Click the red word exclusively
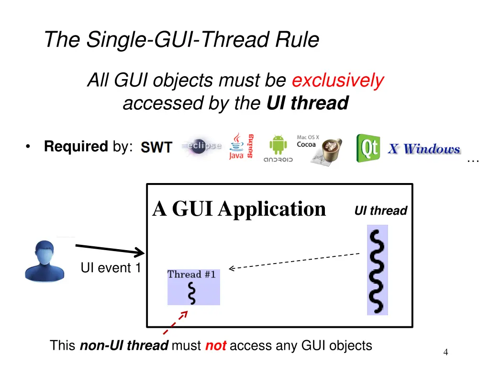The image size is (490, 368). point(337,80)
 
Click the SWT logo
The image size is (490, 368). point(156,147)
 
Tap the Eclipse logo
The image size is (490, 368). point(201,146)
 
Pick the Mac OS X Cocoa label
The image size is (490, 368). point(308,141)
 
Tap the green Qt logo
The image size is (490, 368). point(368,148)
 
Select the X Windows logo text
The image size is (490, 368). point(423,149)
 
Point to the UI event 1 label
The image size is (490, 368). point(110,268)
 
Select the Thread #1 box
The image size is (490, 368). point(193,287)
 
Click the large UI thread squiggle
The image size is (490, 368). point(378,270)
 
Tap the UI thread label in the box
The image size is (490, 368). point(380,211)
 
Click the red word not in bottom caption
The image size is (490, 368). point(215,346)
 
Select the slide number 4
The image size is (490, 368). point(445,353)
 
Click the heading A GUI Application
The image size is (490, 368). point(239,209)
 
